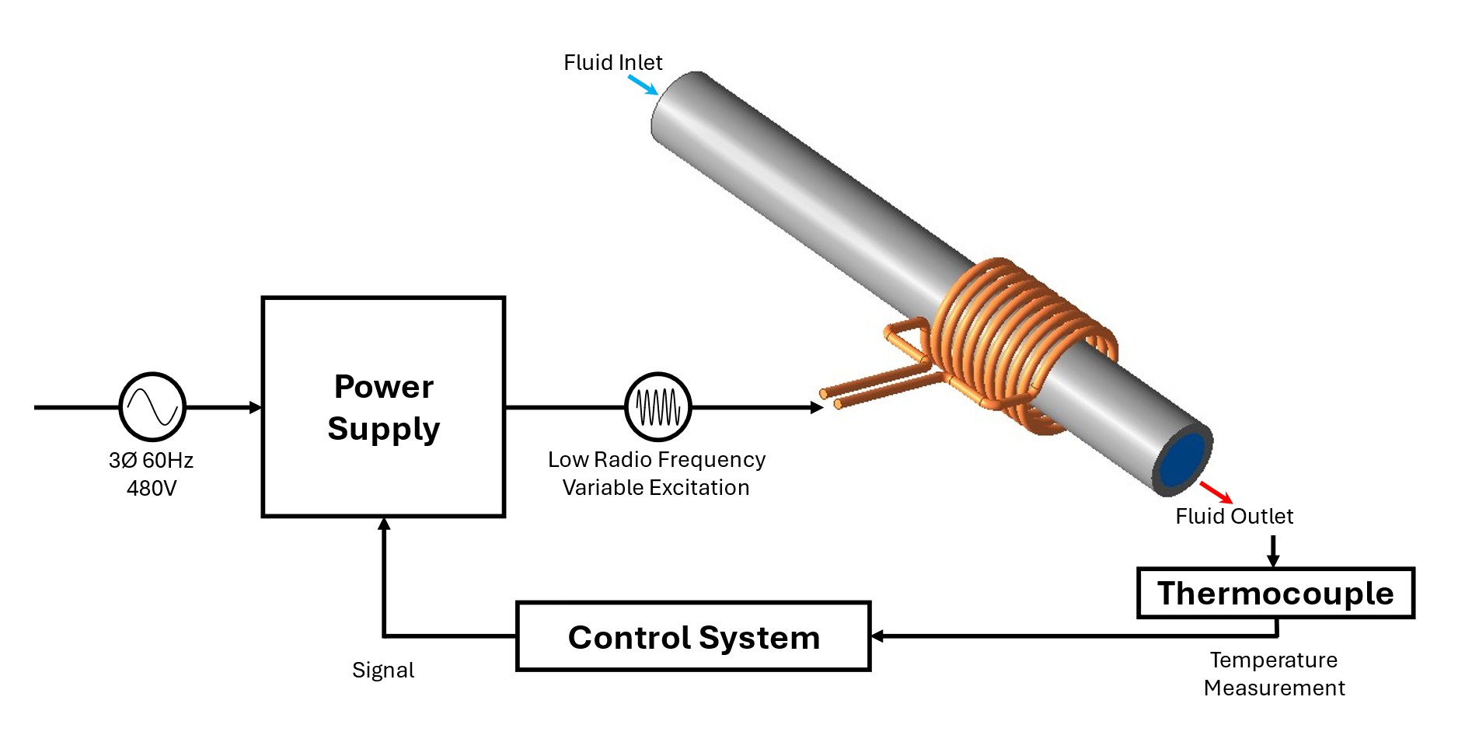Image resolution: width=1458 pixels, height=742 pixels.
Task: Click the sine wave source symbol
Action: pyautogui.click(x=152, y=406)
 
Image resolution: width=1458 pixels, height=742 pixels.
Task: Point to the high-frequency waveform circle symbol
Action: pyautogui.click(x=657, y=406)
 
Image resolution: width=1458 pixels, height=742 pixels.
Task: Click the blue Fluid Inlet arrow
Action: pyautogui.click(x=643, y=85)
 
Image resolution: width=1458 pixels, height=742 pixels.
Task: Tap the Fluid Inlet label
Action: pyautogui.click(x=612, y=62)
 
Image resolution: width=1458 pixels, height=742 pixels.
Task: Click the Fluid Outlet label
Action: pyautogui.click(x=1234, y=516)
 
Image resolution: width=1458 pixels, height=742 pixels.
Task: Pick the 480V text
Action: pyautogui.click(x=152, y=488)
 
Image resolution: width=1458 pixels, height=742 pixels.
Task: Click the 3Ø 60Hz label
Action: pyautogui.click(x=151, y=460)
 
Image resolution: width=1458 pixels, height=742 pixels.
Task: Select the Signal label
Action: pyautogui.click(x=383, y=670)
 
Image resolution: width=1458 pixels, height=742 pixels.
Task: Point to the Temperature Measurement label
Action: pyautogui.click(x=1274, y=674)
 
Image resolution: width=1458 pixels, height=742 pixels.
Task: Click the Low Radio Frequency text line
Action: pyautogui.click(x=657, y=459)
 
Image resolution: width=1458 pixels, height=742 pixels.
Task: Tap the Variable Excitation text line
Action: pyautogui.click(x=656, y=487)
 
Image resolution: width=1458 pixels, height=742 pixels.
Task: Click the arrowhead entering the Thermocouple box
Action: pyautogui.click(x=1273, y=561)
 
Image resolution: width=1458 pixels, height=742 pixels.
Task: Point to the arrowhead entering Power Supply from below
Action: pyautogui.click(x=384, y=524)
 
